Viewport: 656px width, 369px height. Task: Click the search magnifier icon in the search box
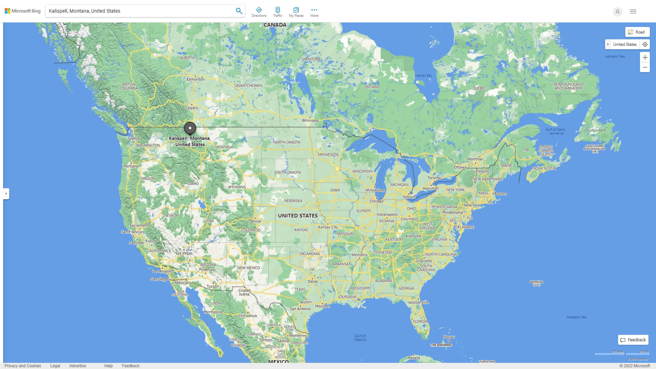[239, 11]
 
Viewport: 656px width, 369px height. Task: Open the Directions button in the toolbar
[259, 12]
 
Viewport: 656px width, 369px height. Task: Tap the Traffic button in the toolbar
[278, 12]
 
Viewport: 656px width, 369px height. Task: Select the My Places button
[296, 12]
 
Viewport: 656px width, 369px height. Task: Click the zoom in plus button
[645, 57]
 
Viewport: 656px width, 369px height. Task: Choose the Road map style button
[637, 32]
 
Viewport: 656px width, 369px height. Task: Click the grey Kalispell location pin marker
[190, 128]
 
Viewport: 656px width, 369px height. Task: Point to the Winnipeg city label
[310, 121]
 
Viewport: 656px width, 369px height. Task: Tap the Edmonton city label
[195, 79]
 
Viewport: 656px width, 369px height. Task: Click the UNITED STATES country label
[298, 216]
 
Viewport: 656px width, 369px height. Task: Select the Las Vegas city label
[184, 253]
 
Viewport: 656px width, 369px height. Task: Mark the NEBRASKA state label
[293, 201]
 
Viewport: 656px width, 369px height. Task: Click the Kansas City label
[328, 227]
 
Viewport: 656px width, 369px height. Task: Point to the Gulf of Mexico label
[360, 338]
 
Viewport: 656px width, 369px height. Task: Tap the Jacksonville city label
[418, 302]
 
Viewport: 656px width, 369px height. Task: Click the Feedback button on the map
[633, 340]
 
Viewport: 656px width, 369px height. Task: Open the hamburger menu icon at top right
[633, 12]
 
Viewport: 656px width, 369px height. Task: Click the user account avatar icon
[617, 12]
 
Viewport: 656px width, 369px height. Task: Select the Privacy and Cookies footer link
[23, 366]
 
